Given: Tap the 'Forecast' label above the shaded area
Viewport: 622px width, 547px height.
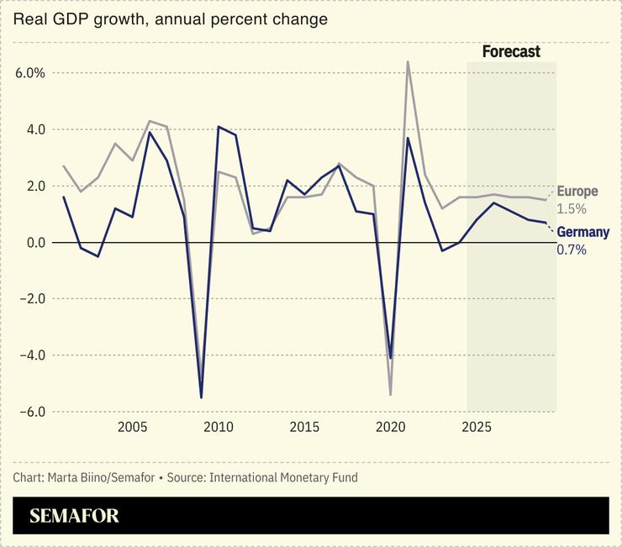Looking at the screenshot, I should pos(511,52).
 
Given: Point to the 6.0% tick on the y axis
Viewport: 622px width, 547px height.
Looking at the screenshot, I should pos(30,73).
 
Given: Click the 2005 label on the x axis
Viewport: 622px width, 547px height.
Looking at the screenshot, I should pos(132,427).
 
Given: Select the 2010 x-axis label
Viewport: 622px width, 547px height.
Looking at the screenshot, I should pos(218,427).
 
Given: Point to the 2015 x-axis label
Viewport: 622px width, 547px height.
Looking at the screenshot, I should pos(304,427).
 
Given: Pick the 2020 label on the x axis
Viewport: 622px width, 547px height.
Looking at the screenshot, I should pos(390,427).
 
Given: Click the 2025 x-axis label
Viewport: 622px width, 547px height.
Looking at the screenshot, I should pos(477,427).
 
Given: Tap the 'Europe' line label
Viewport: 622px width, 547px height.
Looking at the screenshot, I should pos(577,192).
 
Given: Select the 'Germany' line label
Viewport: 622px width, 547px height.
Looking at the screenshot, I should pos(582,232).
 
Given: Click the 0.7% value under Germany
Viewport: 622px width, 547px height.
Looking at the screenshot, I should pos(572,250).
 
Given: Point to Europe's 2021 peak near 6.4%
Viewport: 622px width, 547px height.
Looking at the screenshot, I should pos(408,61).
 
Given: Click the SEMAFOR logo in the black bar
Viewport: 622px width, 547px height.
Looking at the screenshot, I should pos(75,516).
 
